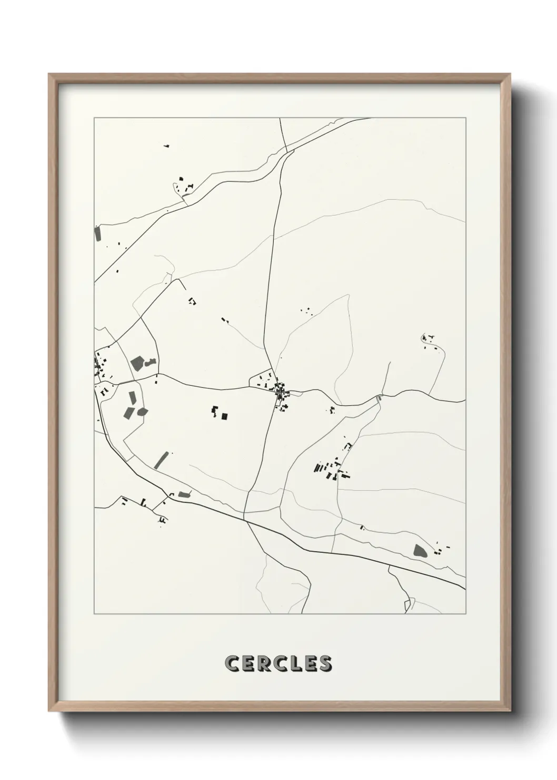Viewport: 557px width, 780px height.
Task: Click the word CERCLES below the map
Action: (x=278, y=664)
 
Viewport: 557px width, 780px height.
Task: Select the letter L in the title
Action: (x=295, y=664)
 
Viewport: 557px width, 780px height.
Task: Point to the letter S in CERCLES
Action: (x=324, y=664)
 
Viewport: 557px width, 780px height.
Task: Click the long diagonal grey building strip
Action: (x=162, y=460)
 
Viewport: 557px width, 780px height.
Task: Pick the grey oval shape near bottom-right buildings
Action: (x=420, y=551)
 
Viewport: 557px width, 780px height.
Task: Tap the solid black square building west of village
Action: (x=225, y=416)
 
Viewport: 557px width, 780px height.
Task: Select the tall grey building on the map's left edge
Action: (x=97, y=233)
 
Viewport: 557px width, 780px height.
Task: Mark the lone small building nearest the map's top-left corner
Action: (x=166, y=145)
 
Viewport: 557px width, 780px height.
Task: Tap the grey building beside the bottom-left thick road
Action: (x=183, y=494)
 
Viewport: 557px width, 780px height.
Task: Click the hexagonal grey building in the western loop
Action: (x=142, y=412)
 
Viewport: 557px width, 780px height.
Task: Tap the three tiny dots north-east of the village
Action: (x=305, y=311)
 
